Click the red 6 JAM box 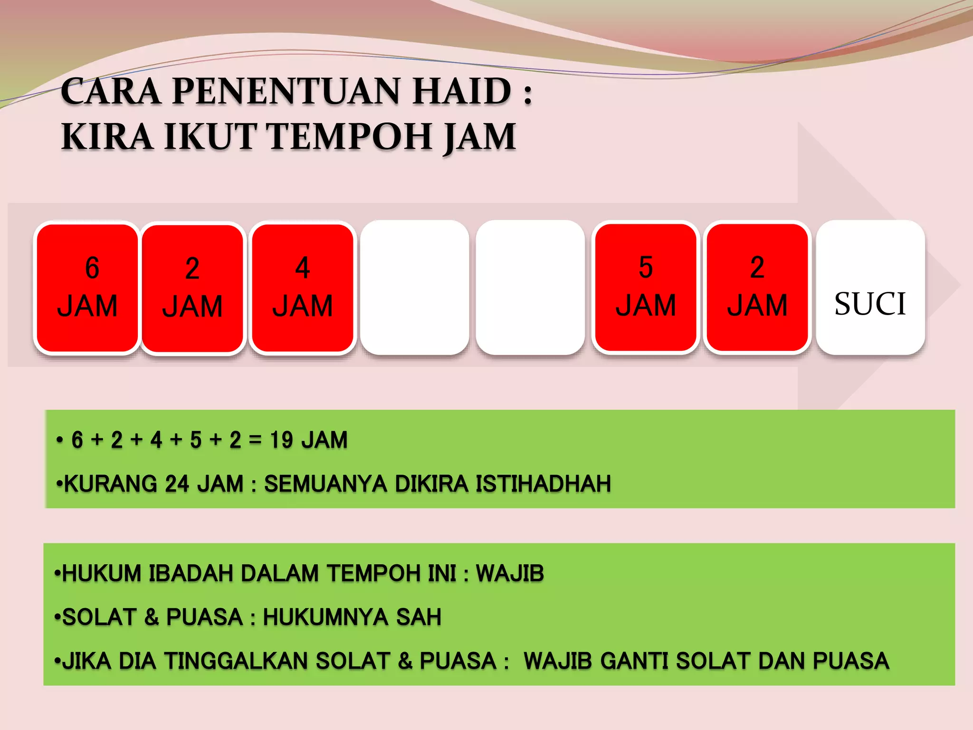tap(87, 288)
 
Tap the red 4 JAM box tap(303, 288)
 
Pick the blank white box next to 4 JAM tap(414, 287)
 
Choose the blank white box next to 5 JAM tap(530, 287)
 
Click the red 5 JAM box tap(646, 287)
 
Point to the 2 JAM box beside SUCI tap(757, 287)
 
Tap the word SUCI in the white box tap(870, 304)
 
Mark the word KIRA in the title tap(107, 137)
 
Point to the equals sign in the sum tap(255, 440)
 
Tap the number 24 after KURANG tap(178, 484)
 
